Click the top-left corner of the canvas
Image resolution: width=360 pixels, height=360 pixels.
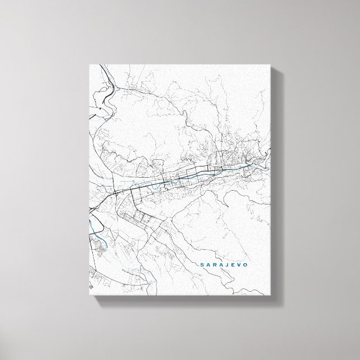click(88, 64)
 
